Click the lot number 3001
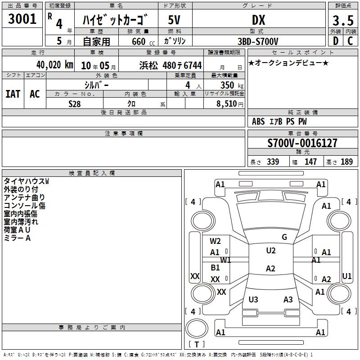22,19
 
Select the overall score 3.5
343,20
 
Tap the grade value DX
258,20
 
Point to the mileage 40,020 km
54,65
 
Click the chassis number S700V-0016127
302,143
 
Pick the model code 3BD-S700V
258,41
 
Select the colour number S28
75,104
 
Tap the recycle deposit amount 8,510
227,104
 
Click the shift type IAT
13,94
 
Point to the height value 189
346,162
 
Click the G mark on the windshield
284,237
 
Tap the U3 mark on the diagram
253,299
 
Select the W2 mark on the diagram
215,241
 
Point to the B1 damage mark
215,267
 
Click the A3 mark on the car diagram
288,299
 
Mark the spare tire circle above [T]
197,328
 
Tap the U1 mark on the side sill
346,276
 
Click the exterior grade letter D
336,41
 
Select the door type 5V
174,20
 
